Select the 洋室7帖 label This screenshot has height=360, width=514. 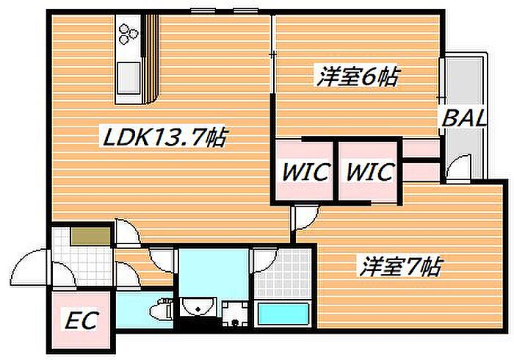tap(401, 266)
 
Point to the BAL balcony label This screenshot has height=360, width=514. tap(463, 118)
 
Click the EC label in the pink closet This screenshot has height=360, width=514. tap(82, 320)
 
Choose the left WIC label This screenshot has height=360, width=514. tap(305, 171)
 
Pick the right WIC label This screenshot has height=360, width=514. tap(370, 171)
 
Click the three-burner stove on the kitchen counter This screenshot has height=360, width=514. tap(128, 34)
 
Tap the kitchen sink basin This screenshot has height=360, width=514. tap(128, 77)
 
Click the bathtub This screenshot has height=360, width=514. tap(283, 314)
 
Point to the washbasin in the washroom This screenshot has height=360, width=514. tap(198, 306)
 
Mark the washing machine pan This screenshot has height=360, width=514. tap(235, 314)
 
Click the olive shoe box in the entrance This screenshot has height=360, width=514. tap(91, 236)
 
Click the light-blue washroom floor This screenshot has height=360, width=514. tap(213, 273)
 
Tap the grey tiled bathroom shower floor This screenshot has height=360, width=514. tap(283, 275)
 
